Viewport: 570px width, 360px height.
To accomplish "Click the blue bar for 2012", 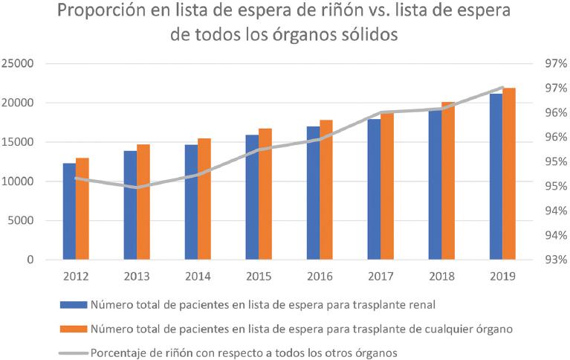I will [69, 211].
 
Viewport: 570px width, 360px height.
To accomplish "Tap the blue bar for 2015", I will [252, 197].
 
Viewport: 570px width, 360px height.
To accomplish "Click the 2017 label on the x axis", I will [380, 277].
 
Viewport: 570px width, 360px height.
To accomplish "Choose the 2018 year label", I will [441, 277].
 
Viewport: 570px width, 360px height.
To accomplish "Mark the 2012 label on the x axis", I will [76, 277].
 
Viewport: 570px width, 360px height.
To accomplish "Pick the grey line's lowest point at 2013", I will [137, 187].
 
